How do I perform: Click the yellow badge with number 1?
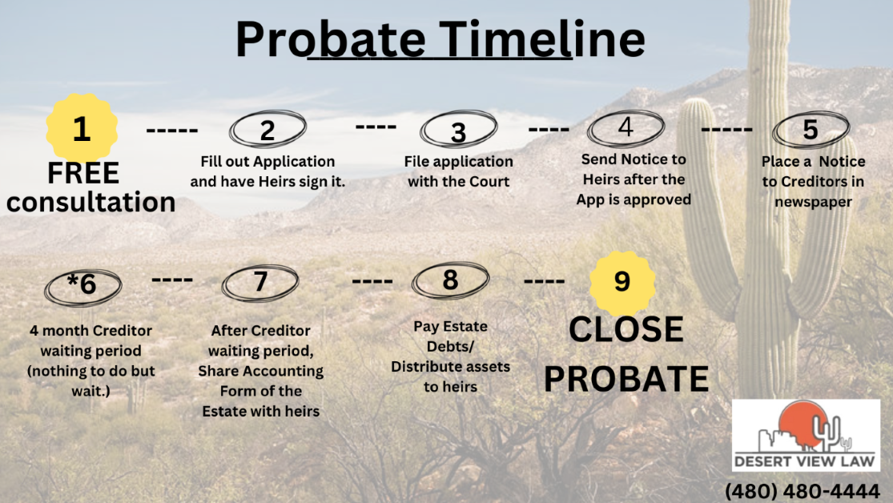[x=82, y=128]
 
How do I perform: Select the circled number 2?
[x=267, y=129]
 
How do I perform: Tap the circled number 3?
[x=458, y=129]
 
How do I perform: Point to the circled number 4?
[x=626, y=128]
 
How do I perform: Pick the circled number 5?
[x=811, y=129]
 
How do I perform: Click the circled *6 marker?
[x=83, y=286]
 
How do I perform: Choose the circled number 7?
[x=260, y=283]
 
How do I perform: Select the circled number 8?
[x=450, y=280]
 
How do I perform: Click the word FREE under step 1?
[x=83, y=172]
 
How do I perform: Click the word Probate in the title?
[x=331, y=38]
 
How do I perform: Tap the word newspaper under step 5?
[x=813, y=202]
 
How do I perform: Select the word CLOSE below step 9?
[x=626, y=329]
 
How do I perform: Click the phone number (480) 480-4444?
[x=802, y=490]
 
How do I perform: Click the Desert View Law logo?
[x=806, y=435]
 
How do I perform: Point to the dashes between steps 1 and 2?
[x=172, y=131]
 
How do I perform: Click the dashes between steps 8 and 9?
[x=544, y=281]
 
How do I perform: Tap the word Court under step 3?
[x=487, y=182]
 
